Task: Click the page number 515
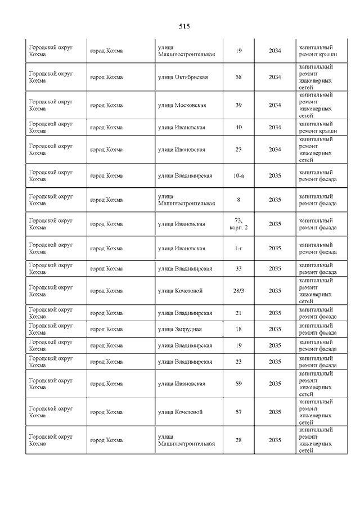click(x=184, y=26)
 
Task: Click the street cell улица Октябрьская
click(x=183, y=77)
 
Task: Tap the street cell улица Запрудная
click(x=180, y=329)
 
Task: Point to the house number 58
click(x=238, y=77)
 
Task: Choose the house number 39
click(x=238, y=105)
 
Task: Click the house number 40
click(x=238, y=127)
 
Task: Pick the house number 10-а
click(x=238, y=175)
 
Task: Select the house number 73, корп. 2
click(x=238, y=224)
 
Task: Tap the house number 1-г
click(x=238, y=248)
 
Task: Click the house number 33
click(x=238, y=268)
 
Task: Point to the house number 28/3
click(x=238, y=291)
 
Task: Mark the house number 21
click(x=238, y=313)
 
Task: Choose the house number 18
click(x=238, y=329)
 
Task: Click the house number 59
click(x=238, y=384)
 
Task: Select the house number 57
click(x=238, y=412)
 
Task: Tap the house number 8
click(x=238, y=200)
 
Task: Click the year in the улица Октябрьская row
click(x=275, y=77)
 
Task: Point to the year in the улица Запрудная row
click(x=275, y=329)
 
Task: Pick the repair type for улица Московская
click(x=316, y=105)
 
